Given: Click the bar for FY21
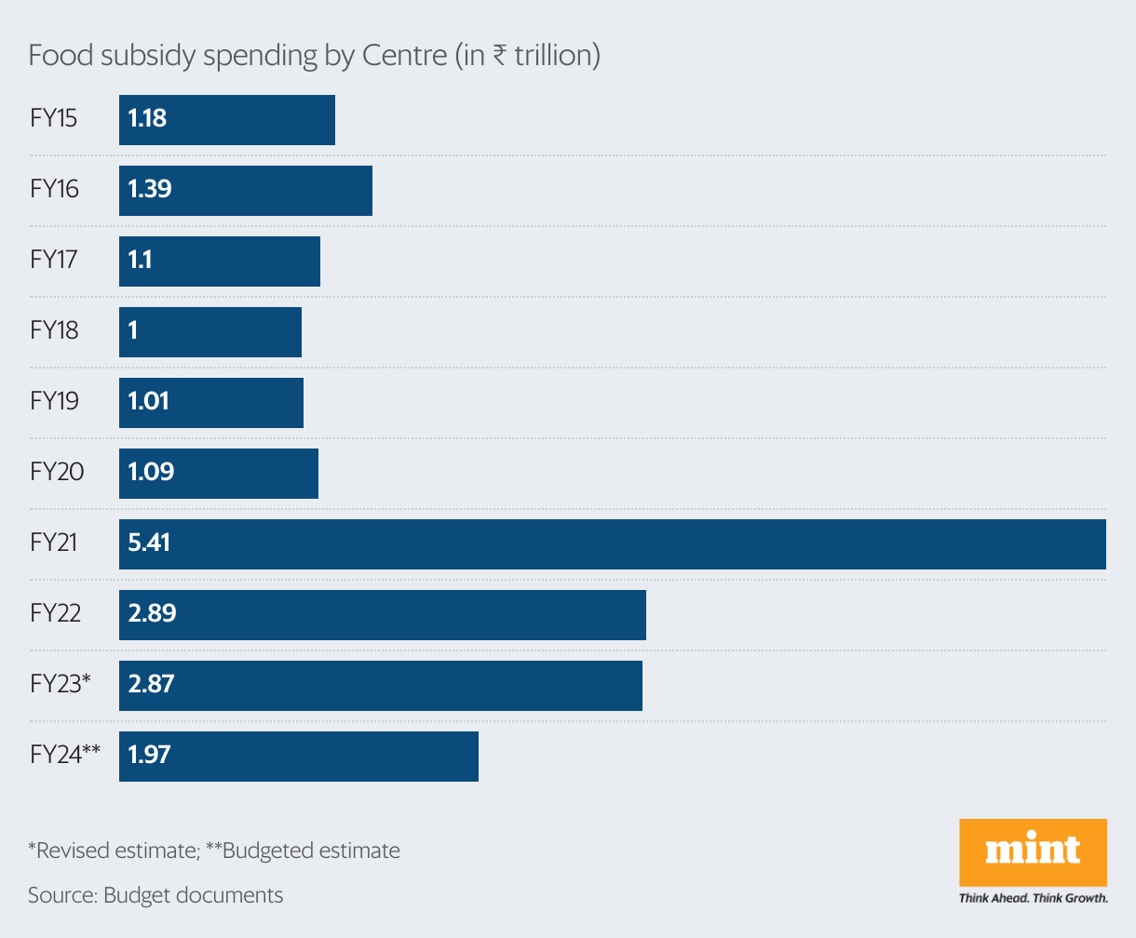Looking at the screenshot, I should click(613, 544).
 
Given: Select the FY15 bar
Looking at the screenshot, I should click(227, 120).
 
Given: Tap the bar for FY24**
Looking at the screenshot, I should click(299, 757).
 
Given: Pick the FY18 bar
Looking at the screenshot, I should click(210, 332).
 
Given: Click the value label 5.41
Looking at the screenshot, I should click(149, 543).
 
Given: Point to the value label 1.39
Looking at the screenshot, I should click(150, 189).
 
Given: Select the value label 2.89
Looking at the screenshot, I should click(152, 613).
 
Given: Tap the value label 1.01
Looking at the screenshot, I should click(149, 401).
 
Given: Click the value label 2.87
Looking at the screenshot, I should click(151, 684).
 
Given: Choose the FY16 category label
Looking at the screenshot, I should click(54, 189).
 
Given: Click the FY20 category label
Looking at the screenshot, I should click(57, 472).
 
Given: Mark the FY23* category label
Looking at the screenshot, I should click(61, 684).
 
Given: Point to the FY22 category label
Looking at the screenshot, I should click(56, 613).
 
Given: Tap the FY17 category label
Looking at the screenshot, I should click(53, 260).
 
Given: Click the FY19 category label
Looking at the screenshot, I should click(54, 401).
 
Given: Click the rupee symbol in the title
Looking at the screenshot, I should click(500, 56).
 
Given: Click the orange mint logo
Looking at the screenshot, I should click(1033, 851).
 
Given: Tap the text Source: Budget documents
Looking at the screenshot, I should click(156, 895).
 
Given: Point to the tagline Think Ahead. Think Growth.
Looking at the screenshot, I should click(1033, 898).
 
